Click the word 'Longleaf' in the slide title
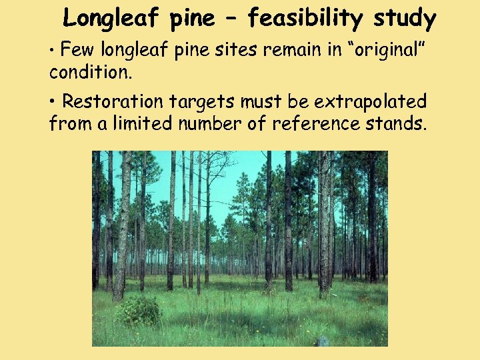pyautogui.click(x=113, y=19)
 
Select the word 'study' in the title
pyautogui.click(x=405, y=19)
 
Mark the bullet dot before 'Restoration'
pyautogui.click(x=53, y=102)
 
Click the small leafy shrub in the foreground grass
pyautogui.click(x=139, y=311)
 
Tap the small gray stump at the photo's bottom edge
pyautogui.click(x=323, y=342)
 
